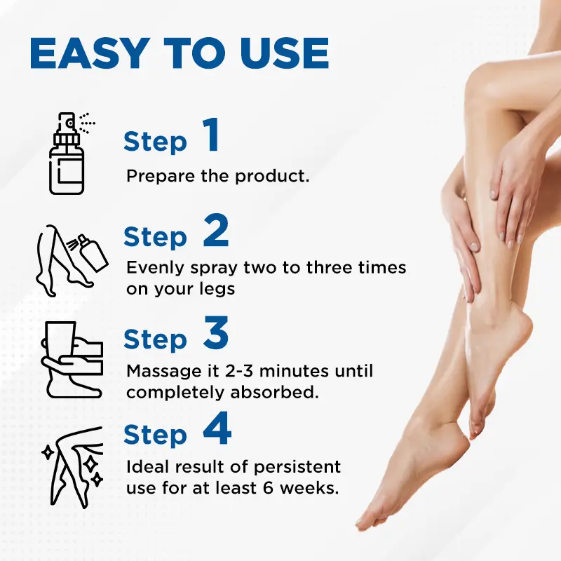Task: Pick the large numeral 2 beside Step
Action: tap(216, 234)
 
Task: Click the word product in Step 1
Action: tap(273, 175)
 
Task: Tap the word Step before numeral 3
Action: tap(155, 340)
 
